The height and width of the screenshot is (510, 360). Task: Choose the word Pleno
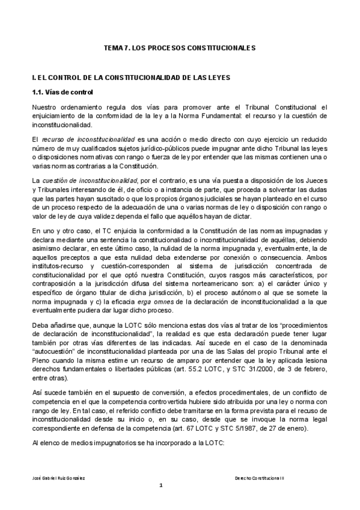click(42, 352)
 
